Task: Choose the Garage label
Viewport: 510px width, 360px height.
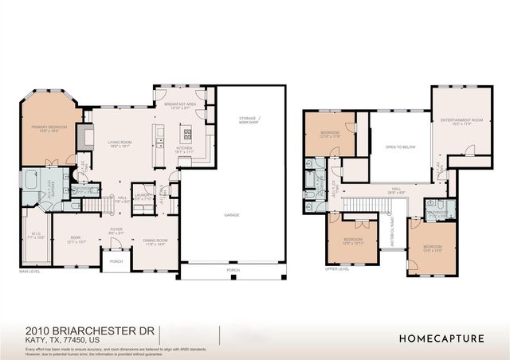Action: pos(231,216)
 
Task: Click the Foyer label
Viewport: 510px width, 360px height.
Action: pos(116,231)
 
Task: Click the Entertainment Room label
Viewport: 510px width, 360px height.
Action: pos(456,120)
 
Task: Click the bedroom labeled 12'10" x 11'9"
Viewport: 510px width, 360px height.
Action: pos(330,134)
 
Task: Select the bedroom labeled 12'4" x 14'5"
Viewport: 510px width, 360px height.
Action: pos(433,247)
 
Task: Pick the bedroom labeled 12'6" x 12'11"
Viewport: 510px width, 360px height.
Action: pos(352,241)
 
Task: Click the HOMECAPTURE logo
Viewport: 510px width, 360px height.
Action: pos(441,338)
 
